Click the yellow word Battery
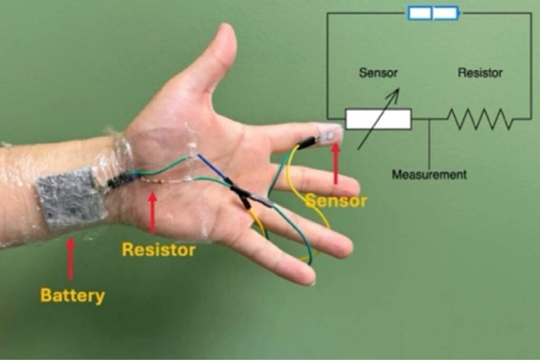(x=72, y=296)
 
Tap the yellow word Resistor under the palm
(x=159, y=249)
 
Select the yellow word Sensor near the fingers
(x=336, y=201)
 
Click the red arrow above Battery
(x=71, y=258)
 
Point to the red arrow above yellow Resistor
(x=152, y=213)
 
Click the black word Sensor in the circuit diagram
(x=378, y=73)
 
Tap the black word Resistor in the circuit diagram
(x=480, y=73)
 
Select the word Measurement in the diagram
(x=429, y=174)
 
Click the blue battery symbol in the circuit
(x=433, y=13)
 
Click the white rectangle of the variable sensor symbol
(x=379, y=119)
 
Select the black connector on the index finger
(x=307, y=142)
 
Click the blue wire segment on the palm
(x=213, y=168)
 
